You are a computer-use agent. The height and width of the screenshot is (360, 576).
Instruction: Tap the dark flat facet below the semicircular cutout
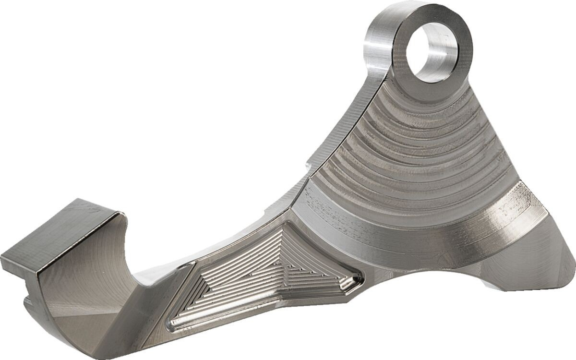point(86,326)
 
